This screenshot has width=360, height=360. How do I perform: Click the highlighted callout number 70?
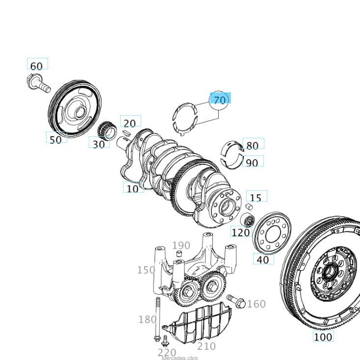220,100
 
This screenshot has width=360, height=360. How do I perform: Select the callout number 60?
37,66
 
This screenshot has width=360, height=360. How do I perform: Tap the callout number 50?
56,139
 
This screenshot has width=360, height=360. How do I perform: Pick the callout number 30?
99,144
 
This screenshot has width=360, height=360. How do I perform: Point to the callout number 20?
129,123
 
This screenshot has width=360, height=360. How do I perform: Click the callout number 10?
133,188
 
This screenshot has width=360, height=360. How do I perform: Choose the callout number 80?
252,146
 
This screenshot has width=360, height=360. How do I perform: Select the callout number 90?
252,162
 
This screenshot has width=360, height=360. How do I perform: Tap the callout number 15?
256,198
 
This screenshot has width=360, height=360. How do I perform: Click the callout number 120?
240,232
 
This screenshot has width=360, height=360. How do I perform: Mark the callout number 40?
263,259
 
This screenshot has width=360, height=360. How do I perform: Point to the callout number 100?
323,336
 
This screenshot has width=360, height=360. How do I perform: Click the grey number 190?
181,245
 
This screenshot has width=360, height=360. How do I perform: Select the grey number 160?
256,304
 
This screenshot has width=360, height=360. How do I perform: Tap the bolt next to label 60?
39,83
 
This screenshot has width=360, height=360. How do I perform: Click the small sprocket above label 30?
106,130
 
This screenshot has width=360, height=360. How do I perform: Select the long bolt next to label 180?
158,319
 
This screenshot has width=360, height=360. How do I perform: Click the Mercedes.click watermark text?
180,358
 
